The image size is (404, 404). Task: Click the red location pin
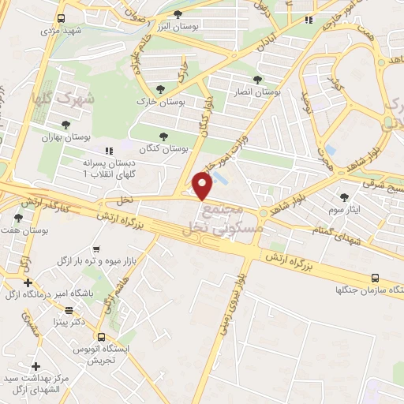coord(204,187)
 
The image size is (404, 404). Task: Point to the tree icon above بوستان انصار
coord(257,79)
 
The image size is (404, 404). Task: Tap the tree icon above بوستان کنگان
coord(163,136)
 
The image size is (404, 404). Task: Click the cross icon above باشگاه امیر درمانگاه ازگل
coord(28,282)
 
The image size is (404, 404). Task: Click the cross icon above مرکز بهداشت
coord(36,366)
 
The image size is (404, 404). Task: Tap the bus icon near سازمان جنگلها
coord(375,278)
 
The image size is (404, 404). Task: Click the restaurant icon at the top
coord(309,20)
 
